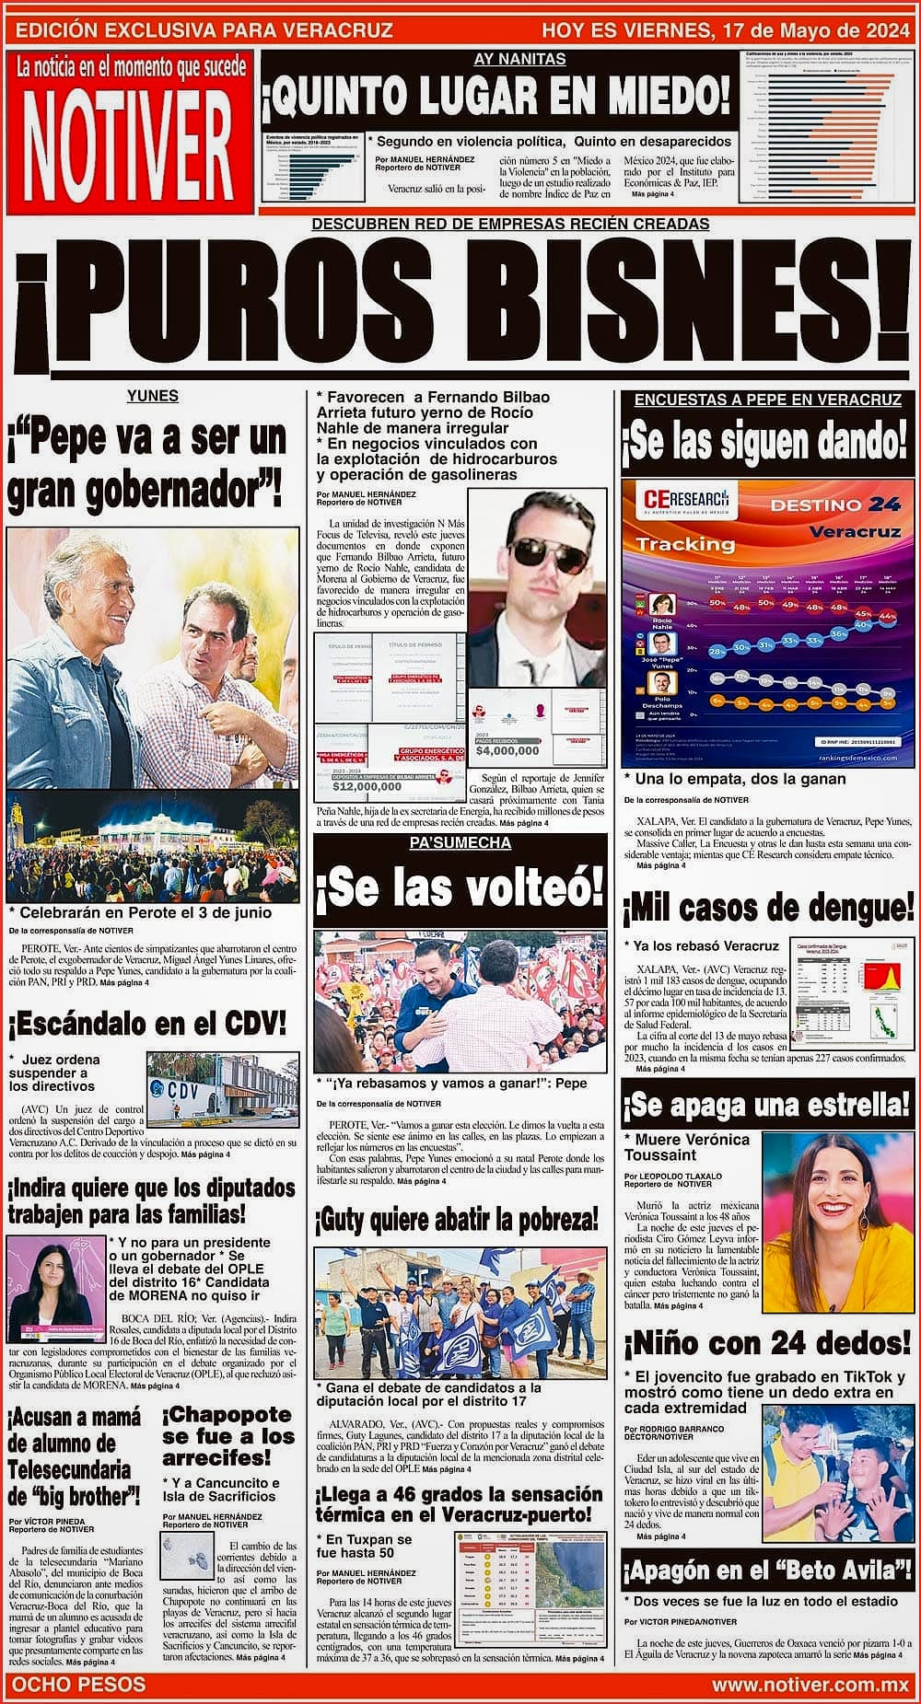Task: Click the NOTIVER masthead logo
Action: (x=127, y=134)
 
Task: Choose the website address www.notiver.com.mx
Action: (x=810, y=1685)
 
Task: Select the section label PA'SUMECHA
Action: (x=460, y=843)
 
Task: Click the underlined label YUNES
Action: (x=153, y=397)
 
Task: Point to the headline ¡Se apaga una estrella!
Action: (x=768, y=1105)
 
